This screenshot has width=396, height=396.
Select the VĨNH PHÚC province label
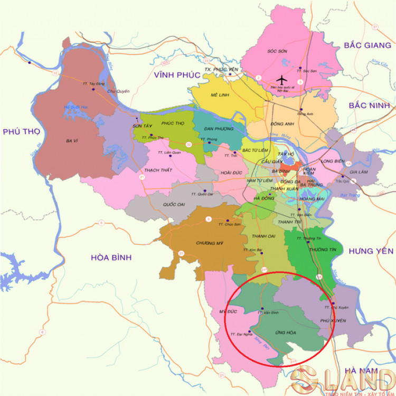(x=177, y=76)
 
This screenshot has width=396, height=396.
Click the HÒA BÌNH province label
(x=111, y=257)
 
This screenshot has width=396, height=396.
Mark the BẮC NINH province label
(x=368, y=106)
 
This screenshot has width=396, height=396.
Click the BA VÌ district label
(x=72, y=141)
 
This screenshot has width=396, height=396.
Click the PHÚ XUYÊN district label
(x=333, y=321)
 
